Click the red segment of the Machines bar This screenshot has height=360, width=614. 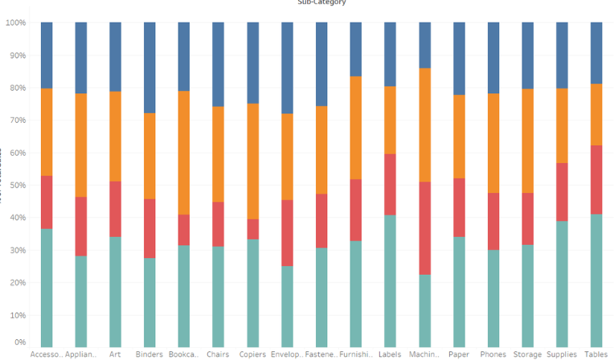pyautogui.click(x=424, y=228)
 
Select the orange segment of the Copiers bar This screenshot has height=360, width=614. pyautogui.click(x=253, y=161)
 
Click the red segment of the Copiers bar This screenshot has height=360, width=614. pyautogui.click(x=253, y=229)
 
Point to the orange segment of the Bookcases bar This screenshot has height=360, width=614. pyautogui.click(x=184, y=153)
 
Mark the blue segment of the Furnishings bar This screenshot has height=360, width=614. pyautogui.click(x=355, y=49)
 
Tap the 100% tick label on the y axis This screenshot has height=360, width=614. pyautogui.click(x=15, y=22)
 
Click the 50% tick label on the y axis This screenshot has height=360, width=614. pyautogui.click(x=17, y=185)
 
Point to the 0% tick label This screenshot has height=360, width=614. pyautogui.click(x=19, y=342)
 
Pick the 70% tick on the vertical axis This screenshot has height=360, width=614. pyautogui.click(x=17, y=120)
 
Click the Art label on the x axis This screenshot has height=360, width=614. pyautogui.click(x=116, y=354)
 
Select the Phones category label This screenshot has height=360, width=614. pyautogui.click(x=493, y=354)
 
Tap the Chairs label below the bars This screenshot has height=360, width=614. pyautogui.click(x=218, y=354)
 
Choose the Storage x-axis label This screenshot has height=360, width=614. pyautogui.click(x=527, y=354)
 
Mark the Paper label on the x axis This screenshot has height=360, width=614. pyautogui.click(x=458, y=354)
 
